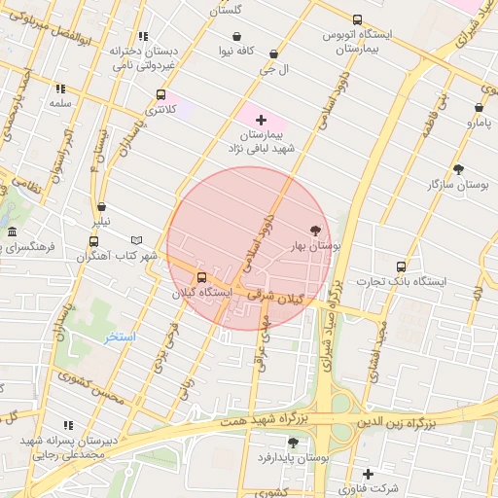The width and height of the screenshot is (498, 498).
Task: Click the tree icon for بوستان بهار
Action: [x=314, y=231]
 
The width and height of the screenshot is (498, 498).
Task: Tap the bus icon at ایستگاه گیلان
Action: [x=201, y=277]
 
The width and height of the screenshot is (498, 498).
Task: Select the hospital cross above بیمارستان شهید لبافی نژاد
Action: [x=261, y=119]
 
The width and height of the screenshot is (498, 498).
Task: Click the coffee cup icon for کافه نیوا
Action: [x=236, y=37]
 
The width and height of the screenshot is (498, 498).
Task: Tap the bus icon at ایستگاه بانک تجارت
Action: [x=401, y=267]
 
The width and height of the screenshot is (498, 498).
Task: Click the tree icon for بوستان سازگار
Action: [x=458, y=168]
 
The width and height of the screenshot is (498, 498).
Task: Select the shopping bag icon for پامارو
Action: [x=479, y=108]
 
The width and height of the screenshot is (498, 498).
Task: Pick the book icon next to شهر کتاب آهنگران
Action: [x=137, y=240]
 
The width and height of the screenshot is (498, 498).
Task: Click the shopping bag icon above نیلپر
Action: [x=102, y=206]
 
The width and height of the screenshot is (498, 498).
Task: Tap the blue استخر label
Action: [x=121, y=337]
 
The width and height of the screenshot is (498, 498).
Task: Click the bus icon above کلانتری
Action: [x=160, y=95]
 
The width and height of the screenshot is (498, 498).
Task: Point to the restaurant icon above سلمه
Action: [x=61, y=88]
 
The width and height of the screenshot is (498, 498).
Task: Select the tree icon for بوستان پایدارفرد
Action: [x=293, y=442]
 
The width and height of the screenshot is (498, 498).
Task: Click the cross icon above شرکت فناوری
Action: [x=368, y=473]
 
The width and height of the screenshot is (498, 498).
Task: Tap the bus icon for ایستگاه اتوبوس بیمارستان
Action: [x=357, y=19]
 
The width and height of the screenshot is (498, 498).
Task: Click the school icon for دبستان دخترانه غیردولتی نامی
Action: [x=144, y=35]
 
